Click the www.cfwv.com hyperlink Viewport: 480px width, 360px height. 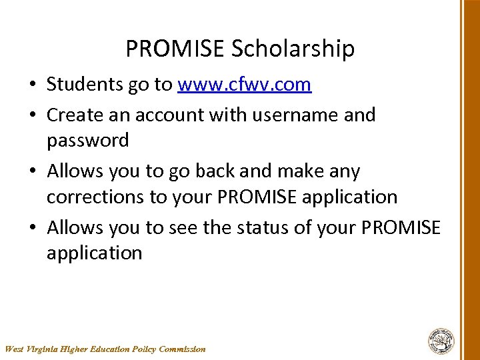tap(245, 85)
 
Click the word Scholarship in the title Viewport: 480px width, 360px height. tap(293, 49)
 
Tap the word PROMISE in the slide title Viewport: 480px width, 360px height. tap(175, 49)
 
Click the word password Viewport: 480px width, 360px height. tap(87, 141)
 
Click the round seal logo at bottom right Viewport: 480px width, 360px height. tap(441, 341)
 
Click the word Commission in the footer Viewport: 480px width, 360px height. tap(183, 349)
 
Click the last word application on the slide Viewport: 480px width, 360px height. tap(94, 253)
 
